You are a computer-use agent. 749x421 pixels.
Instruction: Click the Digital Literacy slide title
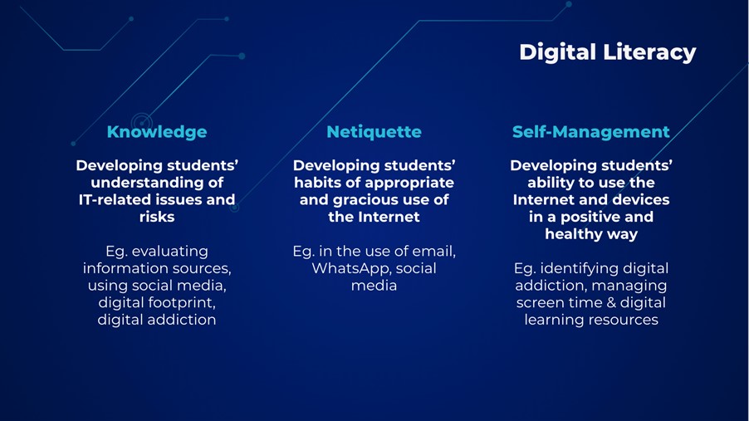pos(608,52)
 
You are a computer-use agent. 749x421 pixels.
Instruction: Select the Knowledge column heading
pos(157,132)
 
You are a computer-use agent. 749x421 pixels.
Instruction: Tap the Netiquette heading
pos(374,132)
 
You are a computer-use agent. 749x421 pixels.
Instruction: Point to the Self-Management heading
pos(591,132)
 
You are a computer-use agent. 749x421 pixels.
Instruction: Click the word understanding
pos(141,183)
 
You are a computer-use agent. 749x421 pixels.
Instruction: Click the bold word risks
pos(157,217)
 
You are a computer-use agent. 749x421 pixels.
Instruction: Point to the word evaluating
pos(170,252)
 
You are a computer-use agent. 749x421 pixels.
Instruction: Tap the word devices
pos(644,200)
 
